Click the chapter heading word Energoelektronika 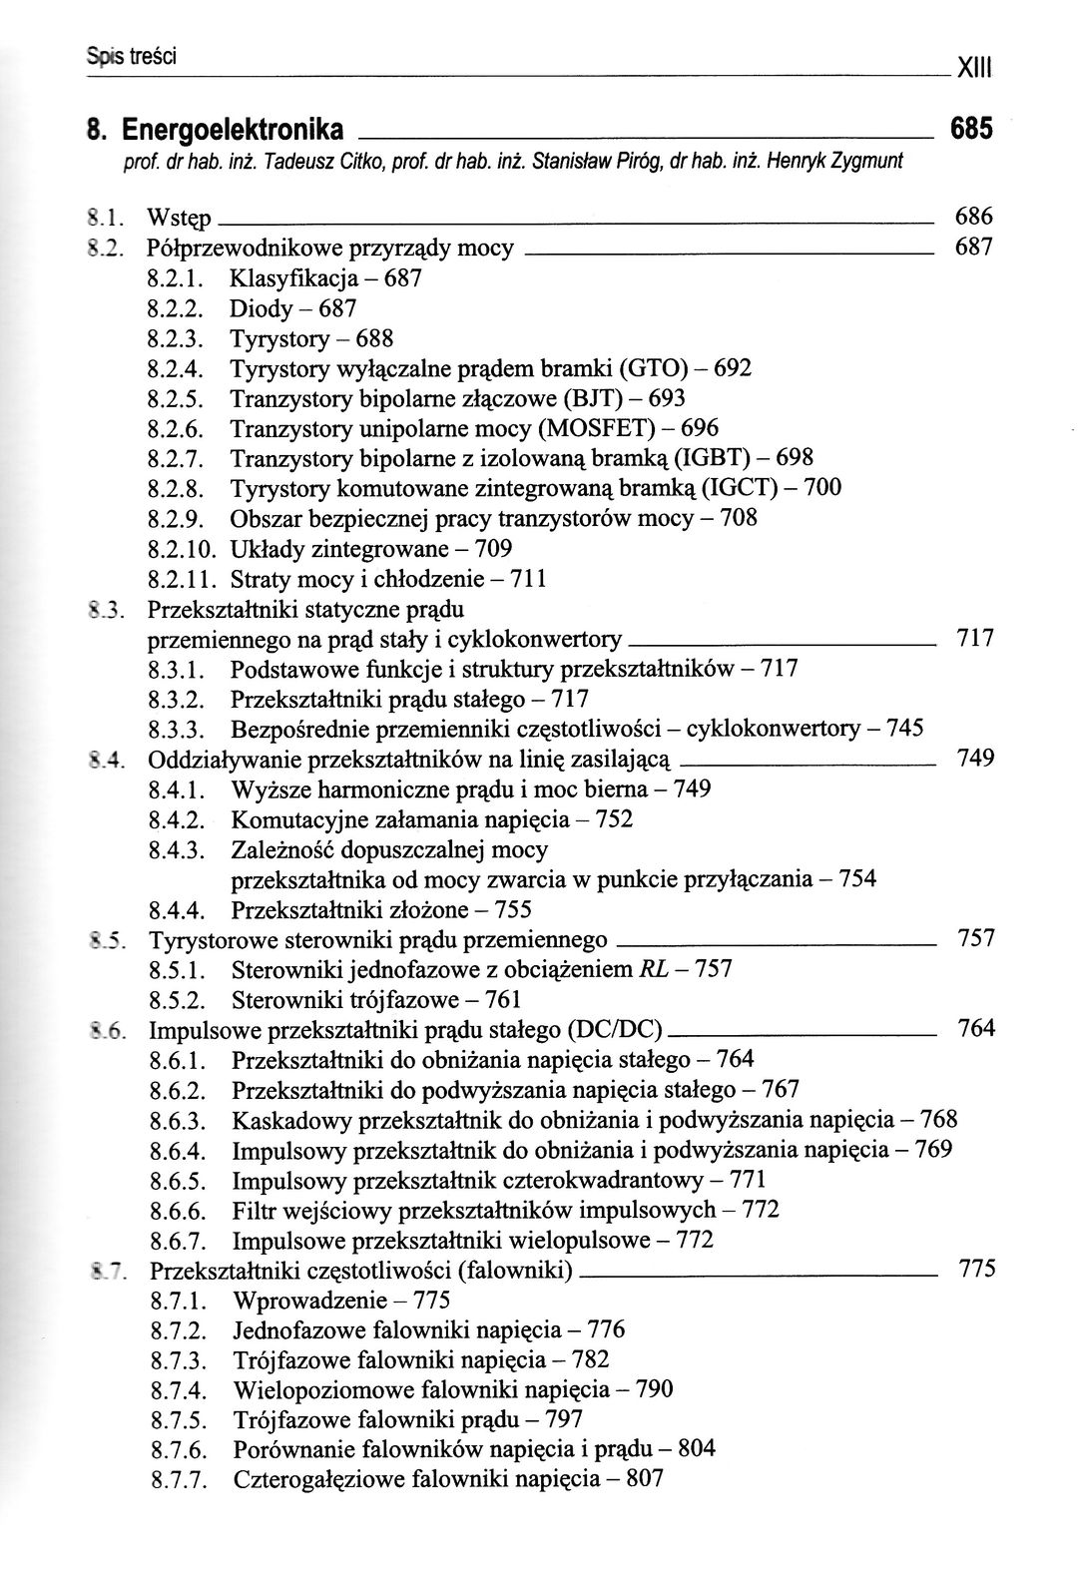coord(232,130)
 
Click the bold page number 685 coord(972,129)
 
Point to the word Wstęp coord(179,217)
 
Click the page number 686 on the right coord(974,216)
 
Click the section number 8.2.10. coord(183,549)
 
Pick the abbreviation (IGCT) coord(737,488)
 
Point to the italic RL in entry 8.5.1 coord(650,969)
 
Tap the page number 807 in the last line coord(644,1479)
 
